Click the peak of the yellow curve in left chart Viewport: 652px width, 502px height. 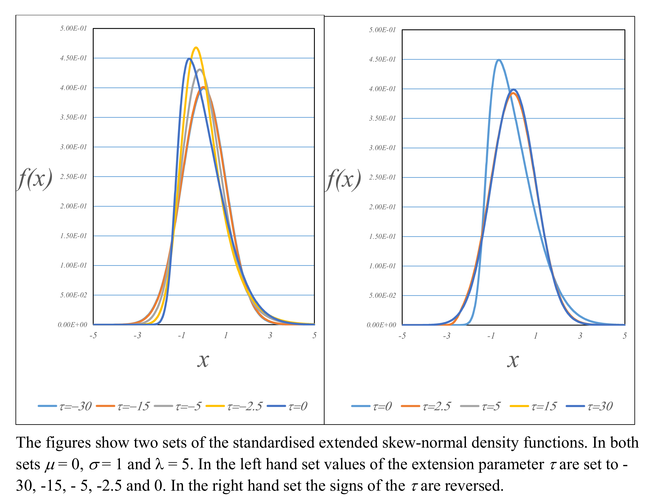click(196, 47)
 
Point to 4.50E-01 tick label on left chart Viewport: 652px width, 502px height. click(73, 58)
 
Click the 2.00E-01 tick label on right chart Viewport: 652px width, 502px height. click(382, 207)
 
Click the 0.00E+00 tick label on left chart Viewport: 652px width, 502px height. click(72, 325)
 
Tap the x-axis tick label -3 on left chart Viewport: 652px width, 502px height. click(137, 335)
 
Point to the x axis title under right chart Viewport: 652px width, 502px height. click(513, 361)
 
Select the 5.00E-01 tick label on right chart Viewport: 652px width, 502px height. click(382, 30)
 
